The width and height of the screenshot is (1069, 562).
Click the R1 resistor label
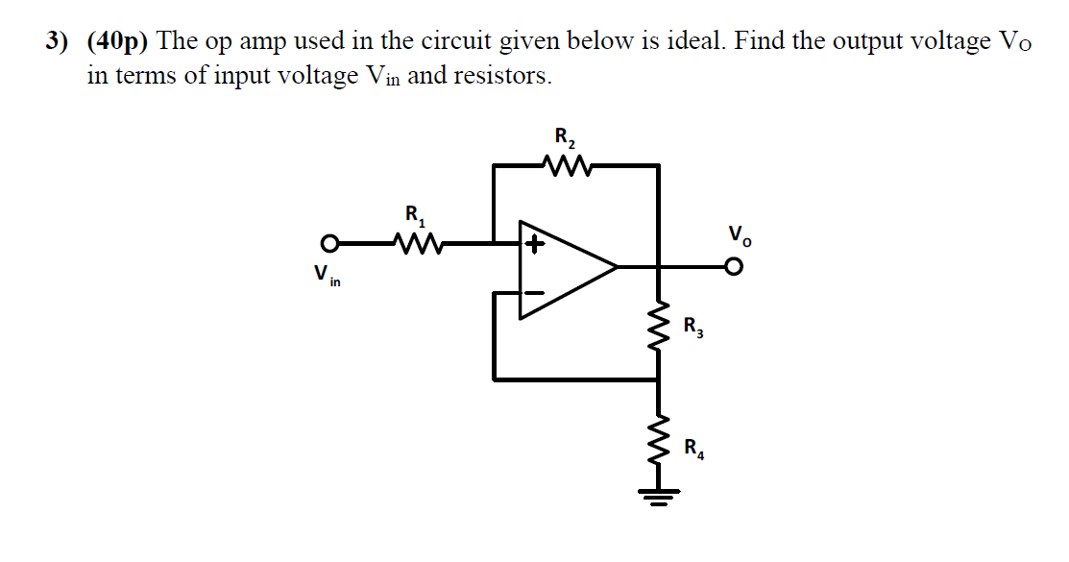click(414, 214)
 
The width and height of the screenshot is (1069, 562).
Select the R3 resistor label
click(693, 327)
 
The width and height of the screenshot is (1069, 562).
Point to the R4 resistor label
click(693, 447)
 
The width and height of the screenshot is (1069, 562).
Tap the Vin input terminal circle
click(330, 242)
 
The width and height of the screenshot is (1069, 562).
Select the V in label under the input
click(326, 276)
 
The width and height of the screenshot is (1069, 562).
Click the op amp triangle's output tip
click(615, 266)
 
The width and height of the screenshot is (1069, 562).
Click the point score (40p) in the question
click(117, 42)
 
